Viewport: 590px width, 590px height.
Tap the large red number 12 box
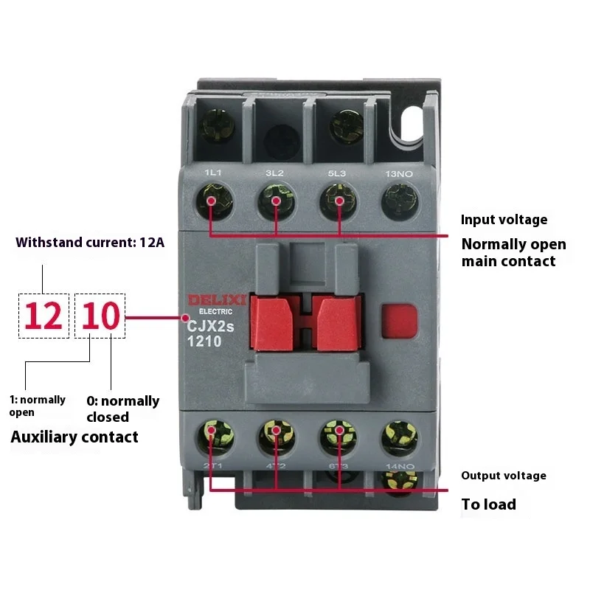(44, 316)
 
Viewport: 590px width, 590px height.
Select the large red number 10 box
(100, 316)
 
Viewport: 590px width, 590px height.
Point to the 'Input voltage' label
(504, 220)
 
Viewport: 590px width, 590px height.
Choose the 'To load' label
(488, 505)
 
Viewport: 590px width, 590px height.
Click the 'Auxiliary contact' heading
(74, 437)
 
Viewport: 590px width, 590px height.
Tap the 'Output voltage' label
(504, 476)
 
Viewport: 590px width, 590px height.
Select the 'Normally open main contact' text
(513, 252)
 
